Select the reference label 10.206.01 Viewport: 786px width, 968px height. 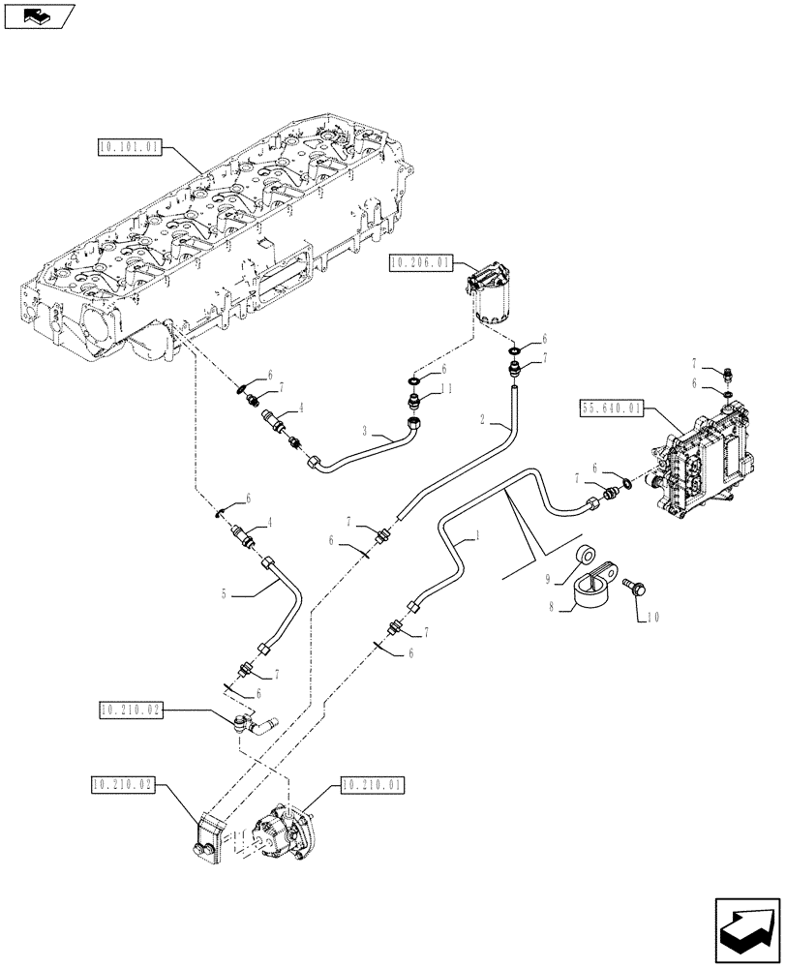pos(417,262)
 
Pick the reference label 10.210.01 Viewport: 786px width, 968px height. pos(373,785)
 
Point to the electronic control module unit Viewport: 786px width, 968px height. pos(703,455)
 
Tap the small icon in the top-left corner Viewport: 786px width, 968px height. pos(39,15)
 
